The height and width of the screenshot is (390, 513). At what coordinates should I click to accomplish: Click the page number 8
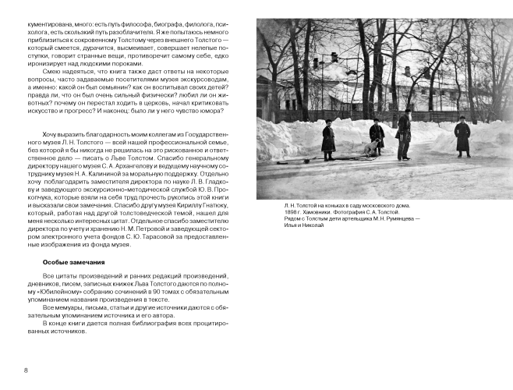[27, 369]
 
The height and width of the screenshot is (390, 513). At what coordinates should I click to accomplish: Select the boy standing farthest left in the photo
[329, 136]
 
